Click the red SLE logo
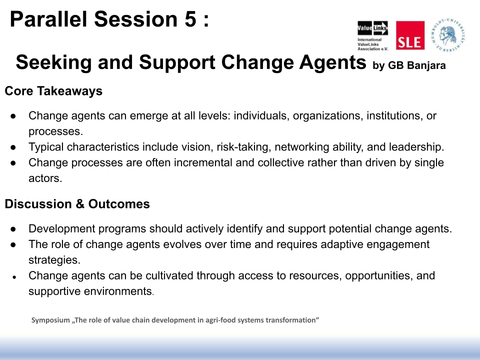pyautogui.click(x=410, y=35)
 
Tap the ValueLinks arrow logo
pyautogui.click(x=372, y=28)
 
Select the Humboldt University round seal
pyautogui.click(x=448, y=34)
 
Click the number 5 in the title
pyautogui.click(x=190, y=19)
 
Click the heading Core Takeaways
pyautogui.click(x=53, y=91)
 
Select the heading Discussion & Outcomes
pyautogui.click(x=77, y=204)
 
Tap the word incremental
pyautogui.click(x=203, y=162)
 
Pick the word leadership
pyautogui.click(x=416, y=147)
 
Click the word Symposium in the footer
pyautogui.click(x=51, y=320)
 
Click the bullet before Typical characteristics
pyautogui.click(x=13, y=147)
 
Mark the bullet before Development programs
pyautogui.click(x=13, y=229)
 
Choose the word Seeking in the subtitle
pyautogui.click(x=53, y=62)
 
